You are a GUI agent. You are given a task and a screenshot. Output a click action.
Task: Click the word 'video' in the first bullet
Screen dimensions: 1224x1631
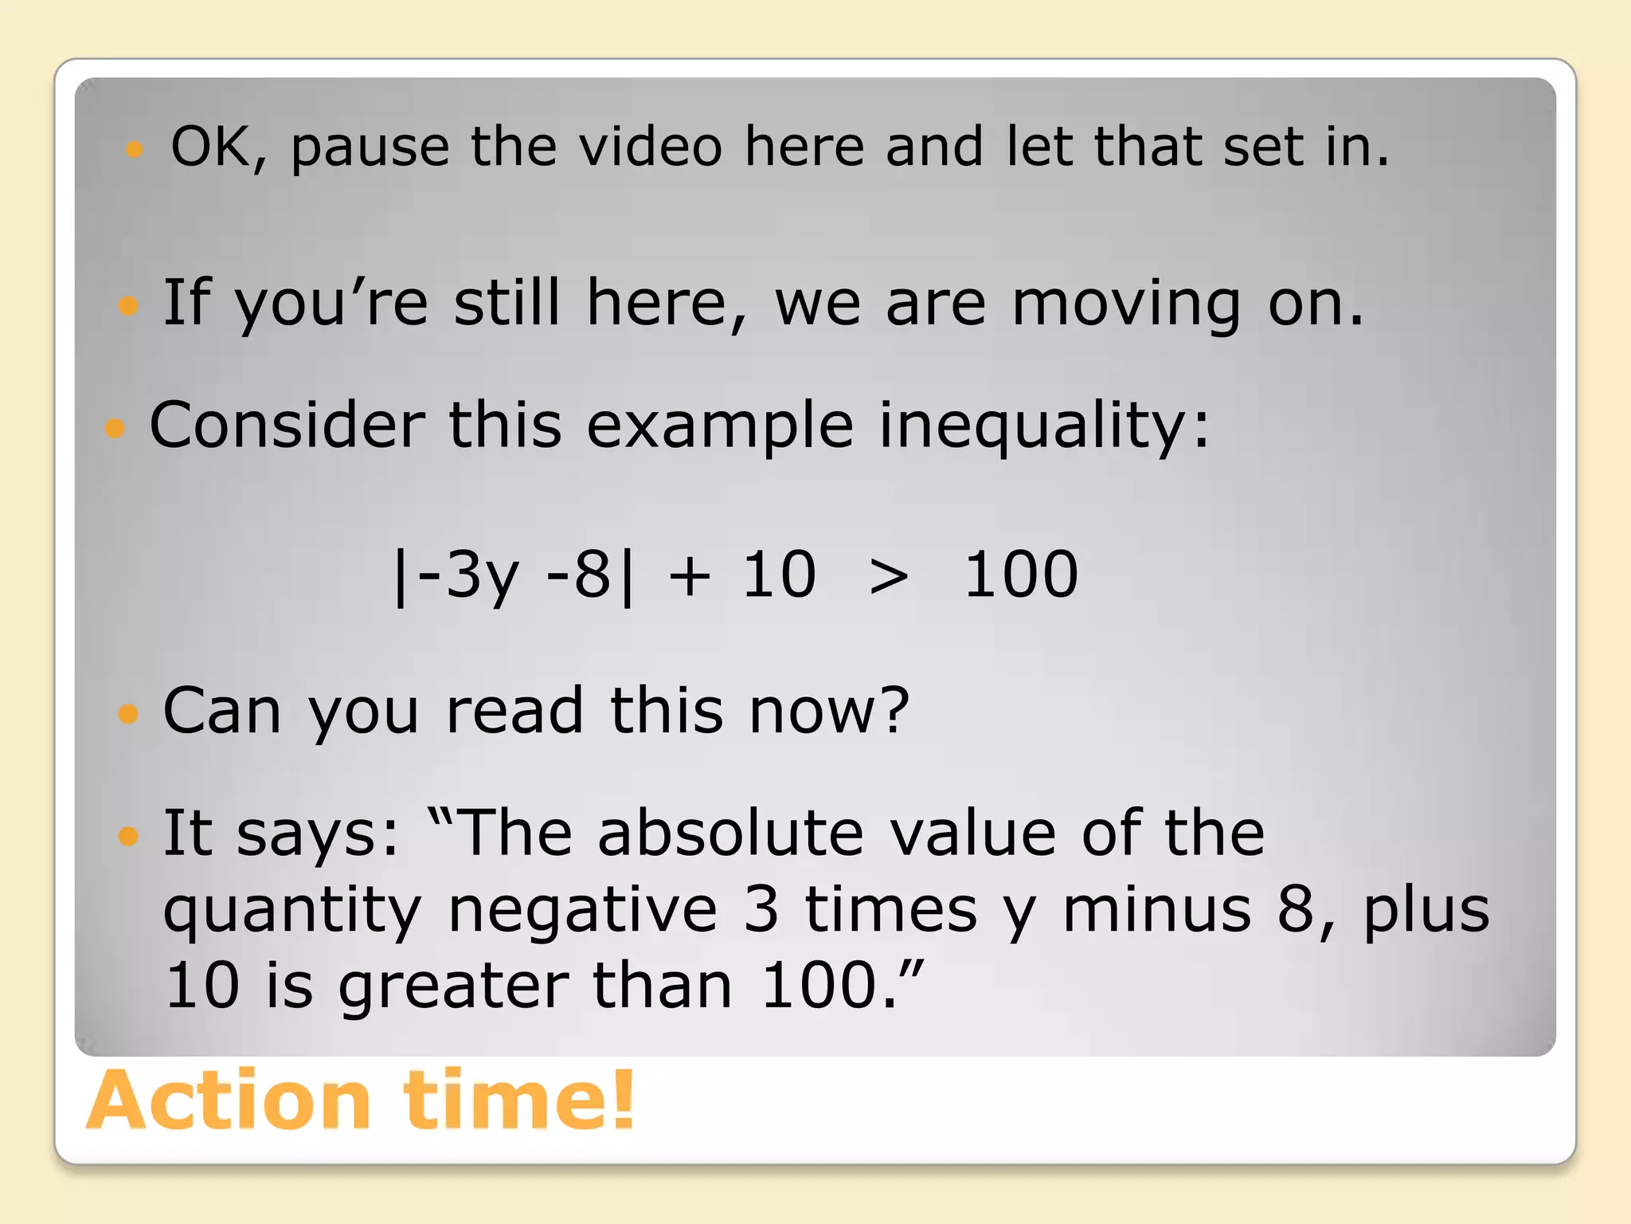pyautogui.click(x=650, y=147)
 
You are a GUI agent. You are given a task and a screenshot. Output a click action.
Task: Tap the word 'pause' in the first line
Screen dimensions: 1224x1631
pyautogui.click(x=370, y=148)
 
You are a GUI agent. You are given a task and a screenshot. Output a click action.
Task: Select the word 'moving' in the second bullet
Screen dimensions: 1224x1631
pyautogui.click(x=1126, y=304)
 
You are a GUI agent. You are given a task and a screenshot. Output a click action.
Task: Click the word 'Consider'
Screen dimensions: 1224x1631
pyautogui.click(x=287, y=425)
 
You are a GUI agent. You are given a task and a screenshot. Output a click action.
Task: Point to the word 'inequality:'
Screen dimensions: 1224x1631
pyautogui.click(x=1044, y=426)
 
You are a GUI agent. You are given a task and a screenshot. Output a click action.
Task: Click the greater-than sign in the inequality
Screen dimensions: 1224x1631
pyautogui.click(x=889, y=576)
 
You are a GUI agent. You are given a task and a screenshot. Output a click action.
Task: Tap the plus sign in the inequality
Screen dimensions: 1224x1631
pyautogui.click(x=689, y=576)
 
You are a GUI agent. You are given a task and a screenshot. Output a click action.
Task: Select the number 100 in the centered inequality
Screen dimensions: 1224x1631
pyautogui.click(x=1021, y=575)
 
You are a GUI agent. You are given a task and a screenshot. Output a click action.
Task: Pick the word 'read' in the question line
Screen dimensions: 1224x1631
pyautogui.click(x=514, y=710)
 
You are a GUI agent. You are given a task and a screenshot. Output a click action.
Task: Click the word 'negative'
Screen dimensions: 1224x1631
pyautogui.click(x=583, y=909)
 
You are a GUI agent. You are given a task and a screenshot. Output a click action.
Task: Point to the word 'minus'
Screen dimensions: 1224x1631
pyautogui.click(x=1156, y=909)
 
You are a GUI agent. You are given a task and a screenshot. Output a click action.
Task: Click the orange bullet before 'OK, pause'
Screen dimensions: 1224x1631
pyautogui.click(x=135, y=149)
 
